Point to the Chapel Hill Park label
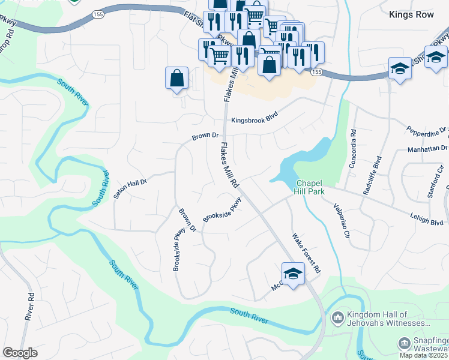[309, 187]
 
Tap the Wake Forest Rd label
[307, 253]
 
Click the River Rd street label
[29, 306]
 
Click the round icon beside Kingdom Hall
[337, 316]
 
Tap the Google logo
[20, 353]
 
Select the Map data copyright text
[424, 355]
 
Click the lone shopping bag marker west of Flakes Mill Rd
[176, 78]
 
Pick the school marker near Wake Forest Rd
[293, 274]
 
